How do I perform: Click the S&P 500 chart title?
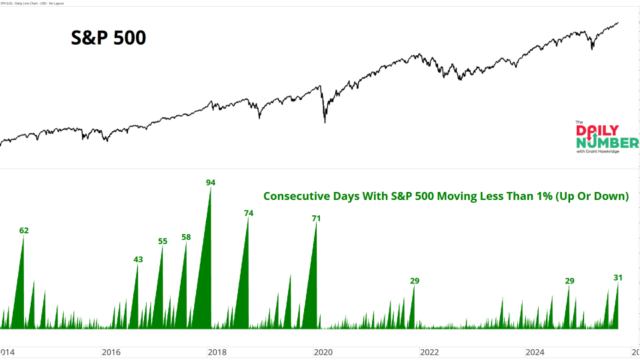[x=109, y=38]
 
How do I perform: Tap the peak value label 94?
[x=211, y=182]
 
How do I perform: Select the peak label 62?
[x=24, y=231]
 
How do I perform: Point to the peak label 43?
[x=138, y=259]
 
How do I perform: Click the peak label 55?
[x=163, y=241]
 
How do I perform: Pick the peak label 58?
[x=186, y=237]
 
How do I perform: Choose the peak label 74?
[x=249, y=213]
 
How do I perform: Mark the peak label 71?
[x=317, y=218]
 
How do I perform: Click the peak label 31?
[x=618, y=277]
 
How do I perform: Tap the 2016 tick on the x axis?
[x=111, y=351]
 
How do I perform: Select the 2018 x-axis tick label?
[x=217, y=351]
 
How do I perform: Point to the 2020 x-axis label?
[x=323, y=351]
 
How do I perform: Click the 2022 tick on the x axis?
[x=429, y=351]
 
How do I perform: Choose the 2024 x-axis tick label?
[x=535, y=351]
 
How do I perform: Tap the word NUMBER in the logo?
[x=607, y=143]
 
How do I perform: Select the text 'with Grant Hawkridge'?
[x=599, y=152]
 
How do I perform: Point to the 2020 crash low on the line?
[x=325, y=122]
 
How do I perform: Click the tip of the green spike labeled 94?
[x=211, y=189]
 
